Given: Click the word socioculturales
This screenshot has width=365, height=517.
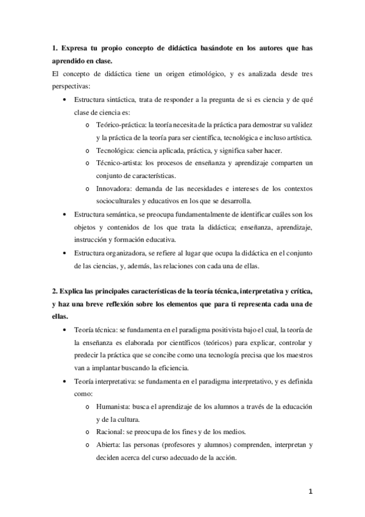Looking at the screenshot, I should (120, 201).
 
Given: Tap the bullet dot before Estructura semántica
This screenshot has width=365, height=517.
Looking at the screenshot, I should (66, 215).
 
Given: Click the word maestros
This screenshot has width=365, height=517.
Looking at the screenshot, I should (299, 355).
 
